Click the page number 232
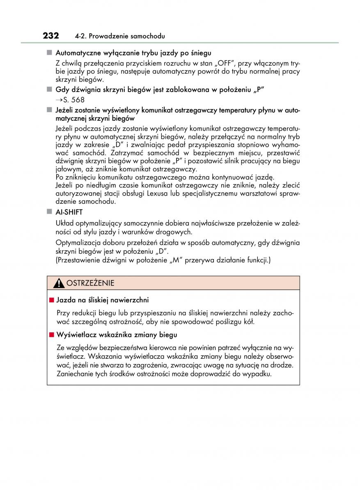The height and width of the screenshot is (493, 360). click(51, 35)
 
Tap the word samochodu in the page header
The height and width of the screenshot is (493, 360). click(148, 37)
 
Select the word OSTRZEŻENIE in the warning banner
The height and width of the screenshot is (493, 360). click(90, 283)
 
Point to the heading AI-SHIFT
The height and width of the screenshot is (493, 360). click(69, 212)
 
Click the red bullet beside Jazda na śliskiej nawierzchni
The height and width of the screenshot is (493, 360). click(52, 300)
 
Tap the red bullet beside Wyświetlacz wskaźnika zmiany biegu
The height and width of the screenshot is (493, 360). click(52, 335)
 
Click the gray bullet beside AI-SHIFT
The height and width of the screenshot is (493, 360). click(49, 212)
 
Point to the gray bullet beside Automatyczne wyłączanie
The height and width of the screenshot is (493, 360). click(49, 53)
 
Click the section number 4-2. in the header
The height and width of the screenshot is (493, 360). click(80, 37)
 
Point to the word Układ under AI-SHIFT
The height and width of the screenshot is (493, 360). click(64, 223)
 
